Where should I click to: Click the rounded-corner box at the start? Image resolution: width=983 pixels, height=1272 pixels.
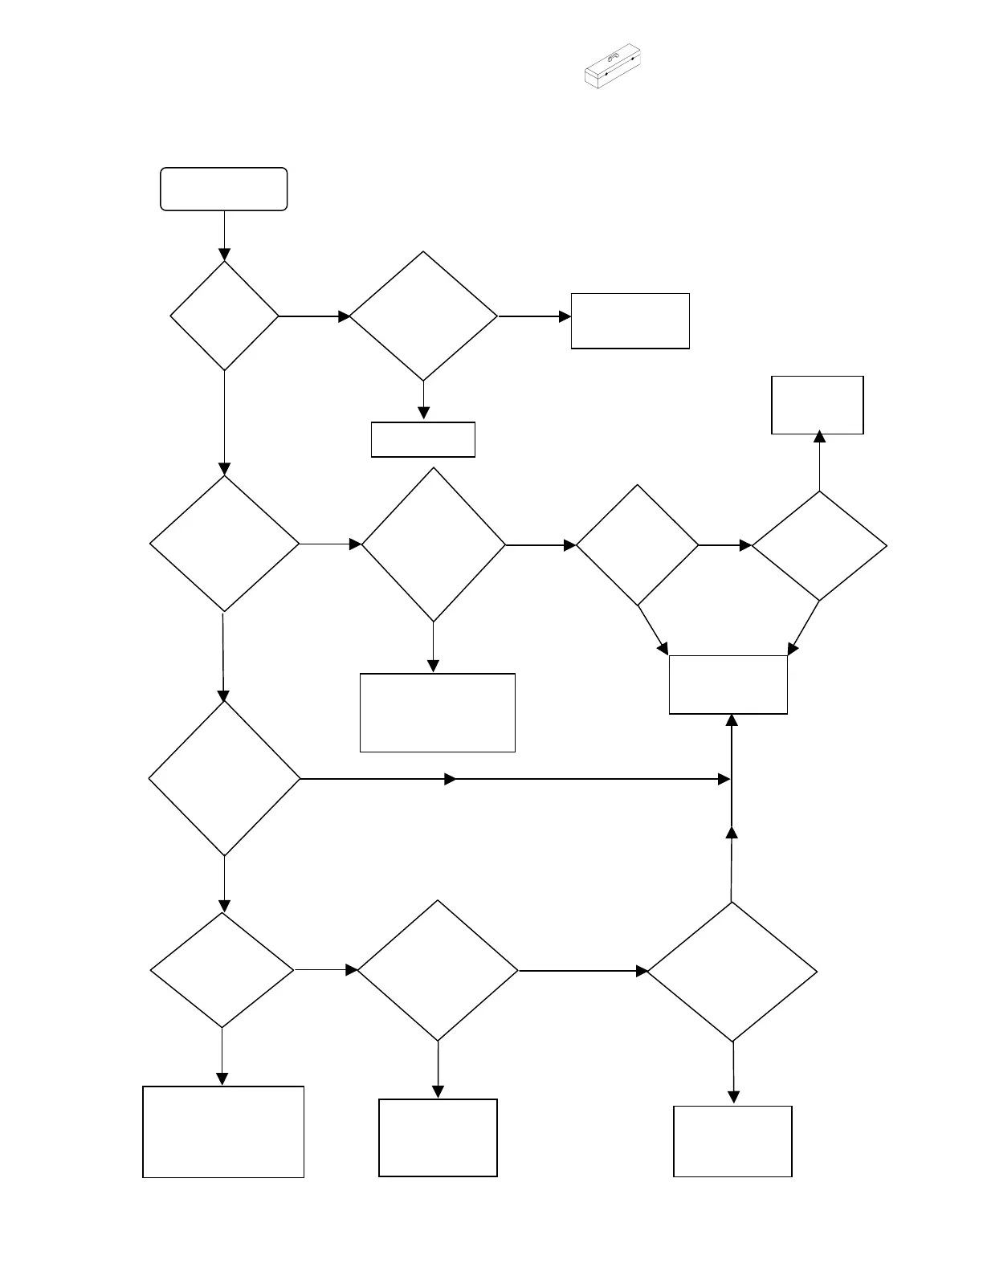click(x=223, y=190)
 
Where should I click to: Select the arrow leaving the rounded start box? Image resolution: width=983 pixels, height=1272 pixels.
click(x=224, y=235)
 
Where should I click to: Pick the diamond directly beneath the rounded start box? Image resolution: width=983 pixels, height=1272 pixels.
click(x=224, y=316)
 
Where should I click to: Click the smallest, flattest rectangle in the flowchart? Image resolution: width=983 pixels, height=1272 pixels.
click(x=422, y=439)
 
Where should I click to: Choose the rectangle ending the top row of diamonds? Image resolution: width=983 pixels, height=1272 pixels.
click(x=630, y=321)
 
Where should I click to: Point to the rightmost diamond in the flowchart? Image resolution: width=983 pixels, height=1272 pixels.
click(x=819, y=546)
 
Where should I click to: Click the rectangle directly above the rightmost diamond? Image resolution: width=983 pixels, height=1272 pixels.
click(x=817, y=405)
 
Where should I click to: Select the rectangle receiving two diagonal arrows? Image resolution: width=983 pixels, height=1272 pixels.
click(x=728, y=684)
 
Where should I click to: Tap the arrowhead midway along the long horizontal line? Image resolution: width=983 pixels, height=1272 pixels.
click(x=451, y=779)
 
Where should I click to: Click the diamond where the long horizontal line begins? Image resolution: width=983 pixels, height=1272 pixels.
click(x=224, y=778)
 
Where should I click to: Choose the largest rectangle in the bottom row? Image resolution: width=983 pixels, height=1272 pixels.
click(x=223, y=1131)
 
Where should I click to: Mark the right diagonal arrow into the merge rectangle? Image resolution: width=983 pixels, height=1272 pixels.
click(x=804, y=628)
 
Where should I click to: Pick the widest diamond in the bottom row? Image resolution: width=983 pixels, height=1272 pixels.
click(x=732, y=972)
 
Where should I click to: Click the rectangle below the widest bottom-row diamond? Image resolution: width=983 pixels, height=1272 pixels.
click(x=732, y=1141)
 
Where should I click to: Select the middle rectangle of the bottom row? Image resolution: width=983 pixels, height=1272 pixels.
click(x=438, y=1138)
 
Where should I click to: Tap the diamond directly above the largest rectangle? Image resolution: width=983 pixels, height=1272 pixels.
click(x=222, y=970)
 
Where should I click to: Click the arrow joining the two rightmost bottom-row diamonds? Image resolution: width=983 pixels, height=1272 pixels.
click(x=583, y=971)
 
